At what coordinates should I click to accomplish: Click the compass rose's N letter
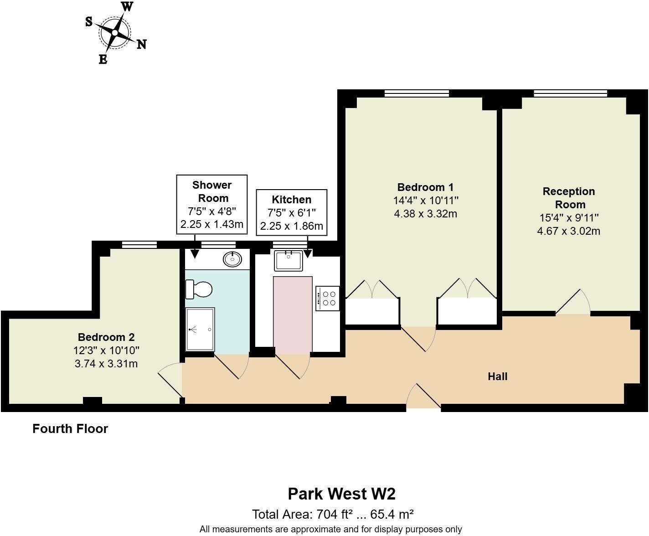point(142,44)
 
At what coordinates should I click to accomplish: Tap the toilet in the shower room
point(199,289)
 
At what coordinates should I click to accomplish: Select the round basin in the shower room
point(232,259)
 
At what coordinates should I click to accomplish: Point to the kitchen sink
point(288,260)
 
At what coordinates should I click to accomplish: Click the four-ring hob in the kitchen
point(328,298)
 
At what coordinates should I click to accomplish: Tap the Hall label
point(497,376)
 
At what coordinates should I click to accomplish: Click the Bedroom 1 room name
point(425,187)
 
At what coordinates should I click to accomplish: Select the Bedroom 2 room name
point(106,337)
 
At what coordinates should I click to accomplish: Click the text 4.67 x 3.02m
point(568,231)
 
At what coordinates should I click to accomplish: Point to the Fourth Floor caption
point(70,429)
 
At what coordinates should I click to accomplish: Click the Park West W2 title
point(341,494)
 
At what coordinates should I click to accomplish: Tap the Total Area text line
point(333,515)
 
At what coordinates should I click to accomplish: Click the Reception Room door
point(573,302)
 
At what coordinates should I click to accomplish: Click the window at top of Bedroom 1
point(417,93)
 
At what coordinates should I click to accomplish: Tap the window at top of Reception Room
point(570,93)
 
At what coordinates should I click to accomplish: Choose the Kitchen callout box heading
point(291,200)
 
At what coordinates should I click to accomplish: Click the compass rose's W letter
point(127,7)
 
